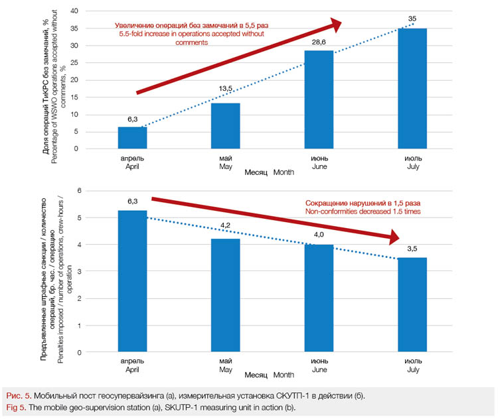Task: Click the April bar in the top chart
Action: point(132,138)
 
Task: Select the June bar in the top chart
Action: point(319,99)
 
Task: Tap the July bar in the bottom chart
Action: point(412,305)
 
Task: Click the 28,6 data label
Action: point(319,42)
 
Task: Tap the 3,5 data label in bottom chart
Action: point(412,249)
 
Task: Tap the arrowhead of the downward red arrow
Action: point(396,237)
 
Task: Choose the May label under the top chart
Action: point(225,163)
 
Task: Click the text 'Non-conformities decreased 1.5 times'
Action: point(363,211)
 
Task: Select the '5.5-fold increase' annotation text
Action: point(192,34)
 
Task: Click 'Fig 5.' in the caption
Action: point(15,406)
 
